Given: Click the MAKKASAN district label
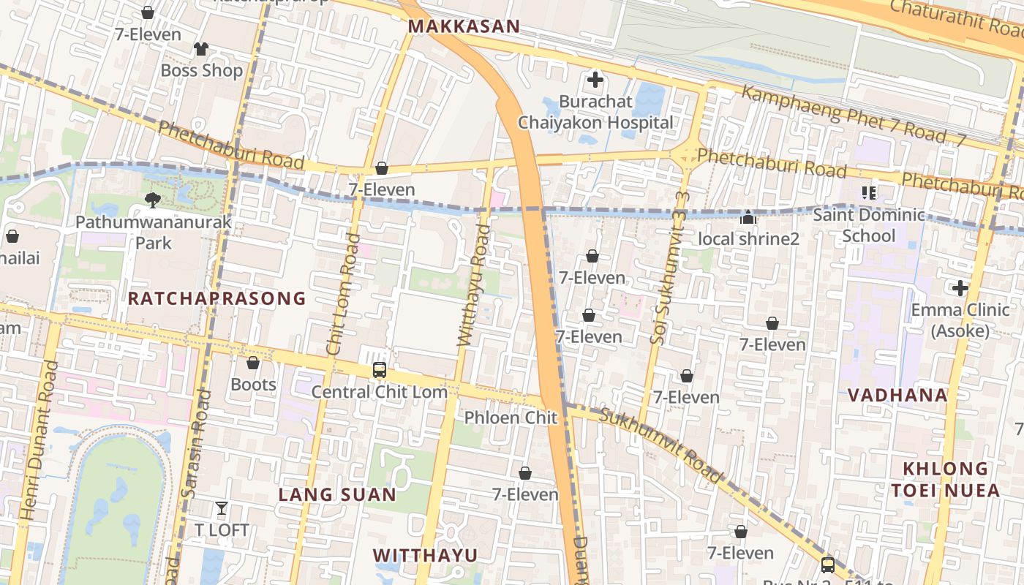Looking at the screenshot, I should click(464, 27).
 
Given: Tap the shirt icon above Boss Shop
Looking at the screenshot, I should click(201, 49).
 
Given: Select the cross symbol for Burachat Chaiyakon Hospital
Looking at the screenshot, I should click(595, 79).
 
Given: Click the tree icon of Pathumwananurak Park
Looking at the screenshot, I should click(153, 200).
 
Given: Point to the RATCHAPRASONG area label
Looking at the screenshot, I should click(217, 298).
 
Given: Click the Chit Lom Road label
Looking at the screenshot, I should click(344, 295).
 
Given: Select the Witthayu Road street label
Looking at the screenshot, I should click(474, 285).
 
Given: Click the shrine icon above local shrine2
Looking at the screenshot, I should click(748, 217).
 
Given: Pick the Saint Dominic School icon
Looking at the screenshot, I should click(868, 193).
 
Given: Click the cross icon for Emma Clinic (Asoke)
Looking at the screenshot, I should click(960, 288).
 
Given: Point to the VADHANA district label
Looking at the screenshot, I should click(897, 395).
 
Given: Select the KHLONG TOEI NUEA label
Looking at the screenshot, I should click(945, 479).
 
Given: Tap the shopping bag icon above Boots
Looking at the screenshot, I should click(253, 363).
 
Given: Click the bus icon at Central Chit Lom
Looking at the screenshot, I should click(379, 370).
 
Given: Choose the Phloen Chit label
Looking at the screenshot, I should click(511, 418).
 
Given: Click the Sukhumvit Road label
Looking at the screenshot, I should click(660, 445).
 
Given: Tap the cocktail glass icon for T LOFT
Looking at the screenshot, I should click(222, 508).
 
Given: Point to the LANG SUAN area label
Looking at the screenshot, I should click(337, 495).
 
